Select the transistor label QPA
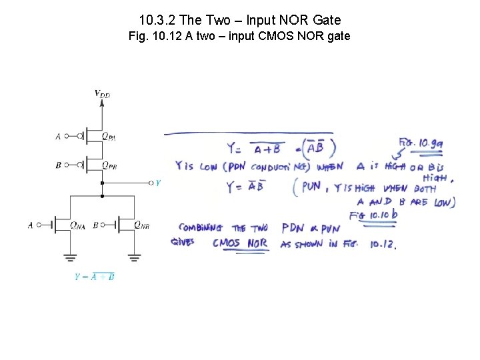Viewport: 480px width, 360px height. (x=109, y=136)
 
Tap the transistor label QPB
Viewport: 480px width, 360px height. (x=109, y=165)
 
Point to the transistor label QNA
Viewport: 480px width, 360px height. (x=77, y=225)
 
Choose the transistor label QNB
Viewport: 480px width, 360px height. (x=141, y=225)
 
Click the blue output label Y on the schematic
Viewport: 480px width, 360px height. (x=157, y=182)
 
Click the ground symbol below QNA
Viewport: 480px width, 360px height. (x=70, y=257)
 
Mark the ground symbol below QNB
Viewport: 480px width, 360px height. (x=134, y=257)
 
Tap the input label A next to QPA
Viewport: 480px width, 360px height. (x=58, y=136)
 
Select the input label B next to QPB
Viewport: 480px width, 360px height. (x=58, y=165)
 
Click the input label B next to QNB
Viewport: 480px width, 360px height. (x=96, y=225)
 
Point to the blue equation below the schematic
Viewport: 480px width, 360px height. (x=94, y=277)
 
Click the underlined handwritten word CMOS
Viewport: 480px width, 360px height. (x=226, y=243)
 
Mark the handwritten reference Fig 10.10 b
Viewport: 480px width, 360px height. (x=373, y=215)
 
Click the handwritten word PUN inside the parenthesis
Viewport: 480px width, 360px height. (x=311, y=187)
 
